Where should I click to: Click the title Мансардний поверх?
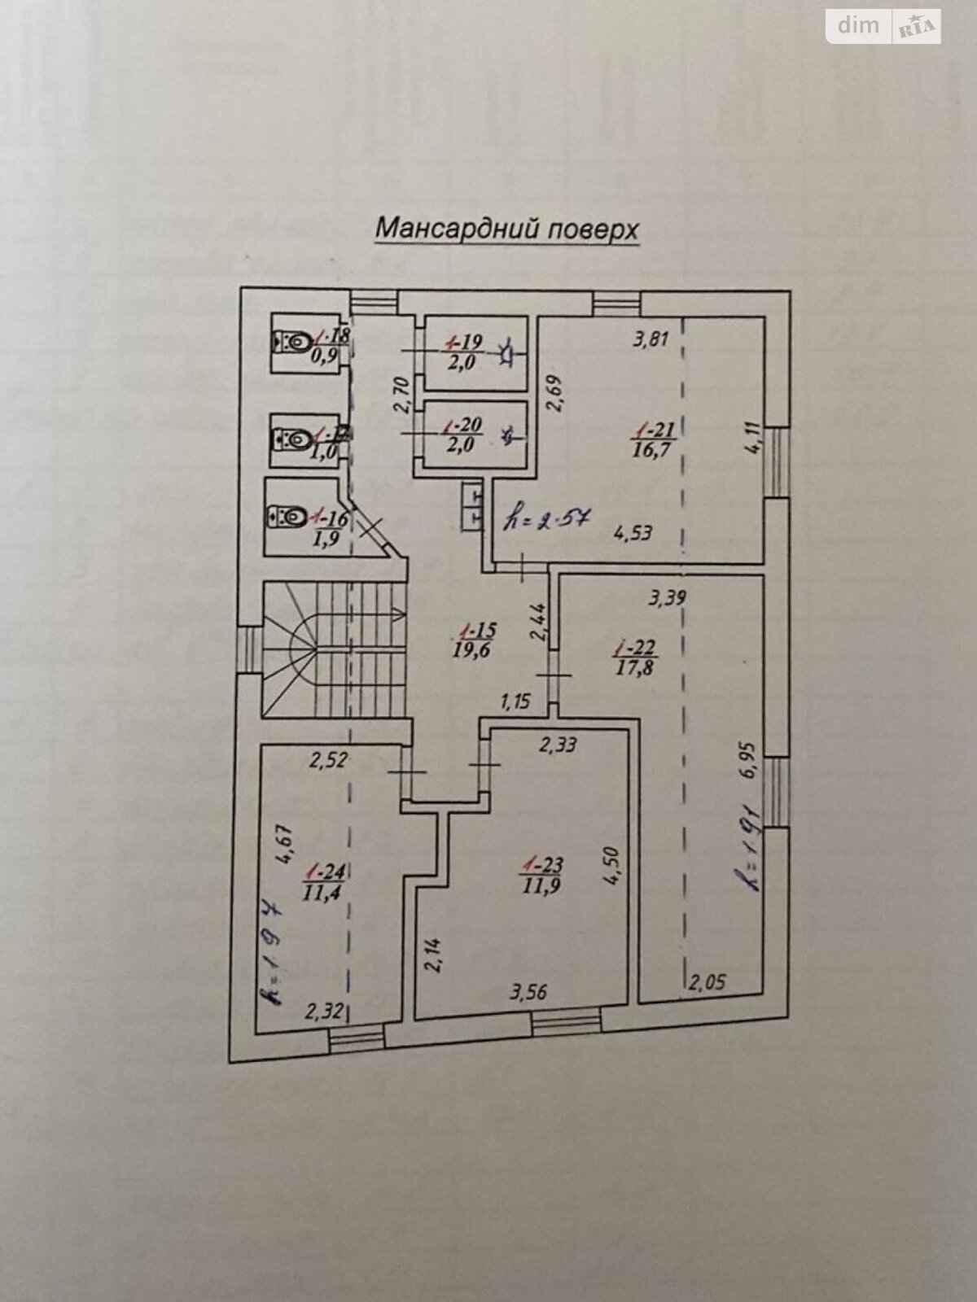pyautogui.click(x=506, y=229)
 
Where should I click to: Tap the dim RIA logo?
pyautogui.click(x=884, y=27)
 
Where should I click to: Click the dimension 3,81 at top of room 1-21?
pyautogui.click(x=651, y=339)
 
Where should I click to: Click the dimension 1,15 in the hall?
pyautogui.click(x=516, y=700)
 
